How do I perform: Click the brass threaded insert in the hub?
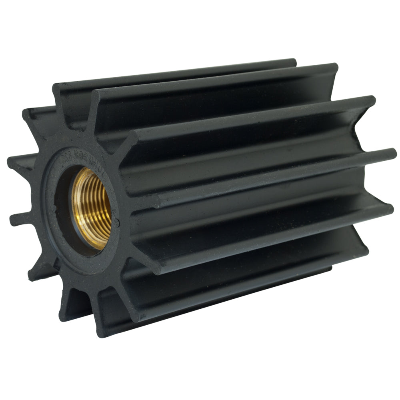pos(91,208)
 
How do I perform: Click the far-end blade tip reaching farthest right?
pos(392,153)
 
